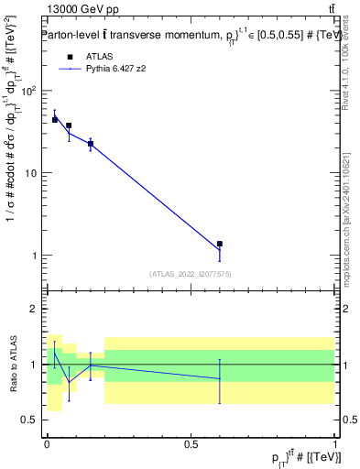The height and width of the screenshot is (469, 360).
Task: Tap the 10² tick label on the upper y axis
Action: tap(30, 91)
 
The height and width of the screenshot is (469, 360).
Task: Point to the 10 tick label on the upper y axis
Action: tap(32, 173)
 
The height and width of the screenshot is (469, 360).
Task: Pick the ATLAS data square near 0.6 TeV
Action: tap(220, 245)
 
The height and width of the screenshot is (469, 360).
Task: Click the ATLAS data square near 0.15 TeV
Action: tap(90, 144)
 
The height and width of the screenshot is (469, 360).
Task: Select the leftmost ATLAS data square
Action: tap(55, 120)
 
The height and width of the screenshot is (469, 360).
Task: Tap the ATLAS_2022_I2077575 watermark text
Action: tap(191, 273)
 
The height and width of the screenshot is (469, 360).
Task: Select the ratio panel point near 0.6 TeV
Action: tap(220, 378)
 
